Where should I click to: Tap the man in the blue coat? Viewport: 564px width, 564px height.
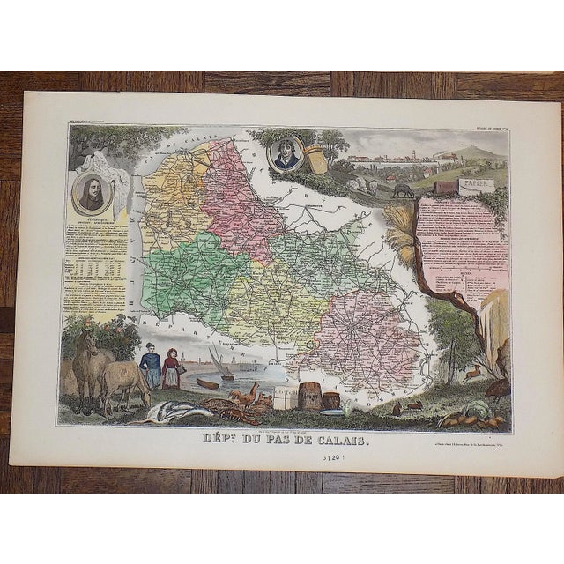point(149,364)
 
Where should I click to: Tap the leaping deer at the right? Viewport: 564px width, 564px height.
point(473,373)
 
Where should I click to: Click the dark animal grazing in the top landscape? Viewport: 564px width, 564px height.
point(403,189)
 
